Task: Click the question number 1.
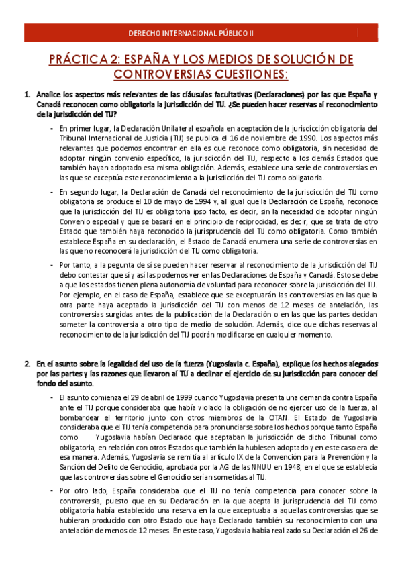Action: tap(27, 95)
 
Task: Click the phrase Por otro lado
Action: tap(83, 491)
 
